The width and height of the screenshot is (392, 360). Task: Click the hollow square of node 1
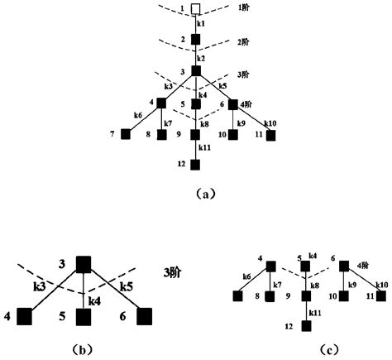pyautogui.click(x=196, y=10)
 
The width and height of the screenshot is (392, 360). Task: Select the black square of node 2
pyautogui.click(x=196, y=39)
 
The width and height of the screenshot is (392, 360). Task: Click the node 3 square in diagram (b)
pyautogui.click(x=83, y=263)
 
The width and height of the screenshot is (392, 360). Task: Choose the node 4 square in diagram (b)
pyautogui.click(x=23, y=315)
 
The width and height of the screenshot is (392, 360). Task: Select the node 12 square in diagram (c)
pyautogui.click(x=307, y=326)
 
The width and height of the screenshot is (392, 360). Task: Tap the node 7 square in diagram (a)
pyautogui.click(x=126, y=134)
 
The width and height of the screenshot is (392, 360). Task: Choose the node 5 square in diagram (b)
pyautogui.click(x=83, y=315)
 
